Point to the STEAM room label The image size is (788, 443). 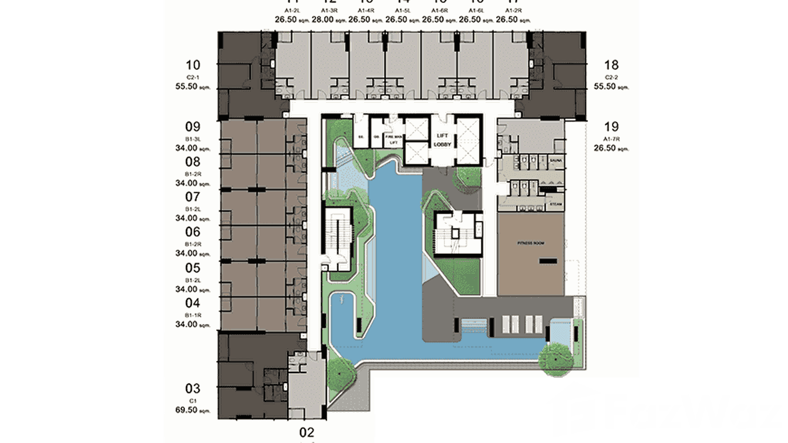point(556,204)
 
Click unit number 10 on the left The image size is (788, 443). point(193,65)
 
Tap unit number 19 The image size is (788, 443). point(611,126)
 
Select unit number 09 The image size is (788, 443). point(193,127)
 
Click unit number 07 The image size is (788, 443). point(193,197)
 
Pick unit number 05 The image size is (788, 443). point(193,269)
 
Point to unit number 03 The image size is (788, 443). point(193,388)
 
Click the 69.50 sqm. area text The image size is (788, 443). point(193,410)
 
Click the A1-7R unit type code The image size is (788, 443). point(611,139)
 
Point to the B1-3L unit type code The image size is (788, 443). point(193,139)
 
